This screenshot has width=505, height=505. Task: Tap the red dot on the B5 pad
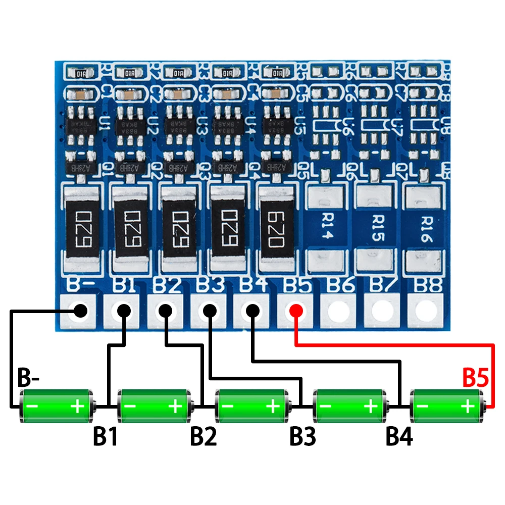295,310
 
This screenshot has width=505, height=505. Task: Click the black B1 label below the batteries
106,437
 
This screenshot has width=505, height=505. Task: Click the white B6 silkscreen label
339,286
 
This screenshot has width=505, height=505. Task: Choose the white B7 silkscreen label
382,286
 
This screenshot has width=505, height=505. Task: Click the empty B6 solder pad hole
338,311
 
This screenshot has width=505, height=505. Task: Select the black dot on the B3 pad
209,310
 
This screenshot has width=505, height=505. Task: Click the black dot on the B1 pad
123,310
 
